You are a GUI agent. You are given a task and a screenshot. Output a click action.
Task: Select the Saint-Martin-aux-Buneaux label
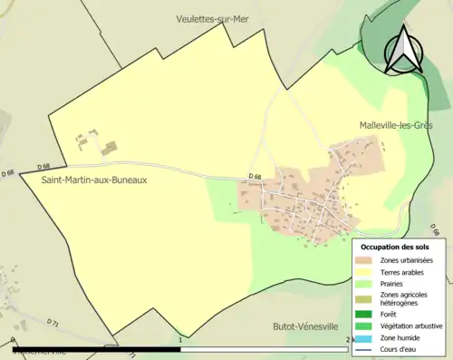pos(94,180)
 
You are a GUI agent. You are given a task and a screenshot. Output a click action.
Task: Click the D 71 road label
pos(52,322)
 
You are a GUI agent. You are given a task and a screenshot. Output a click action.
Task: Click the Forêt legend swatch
pos(363,314)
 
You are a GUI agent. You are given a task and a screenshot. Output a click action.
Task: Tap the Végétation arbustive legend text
pos(410,326)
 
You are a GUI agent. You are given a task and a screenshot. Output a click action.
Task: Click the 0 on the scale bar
pos(13,341)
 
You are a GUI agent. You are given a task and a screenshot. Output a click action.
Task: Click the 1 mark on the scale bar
pos(181,341)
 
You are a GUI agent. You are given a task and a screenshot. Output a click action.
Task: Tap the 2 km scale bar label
pos(349,341)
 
